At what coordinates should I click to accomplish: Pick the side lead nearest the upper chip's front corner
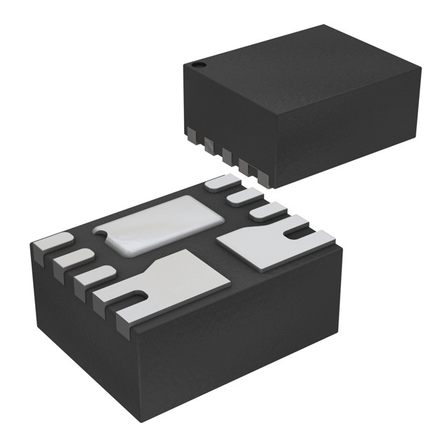[x=256, y=172]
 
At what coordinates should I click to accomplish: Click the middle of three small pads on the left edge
[x=72, y=260]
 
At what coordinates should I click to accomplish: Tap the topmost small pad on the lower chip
[x=220, y=183]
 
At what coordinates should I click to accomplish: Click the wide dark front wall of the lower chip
[x=241, y=345]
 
